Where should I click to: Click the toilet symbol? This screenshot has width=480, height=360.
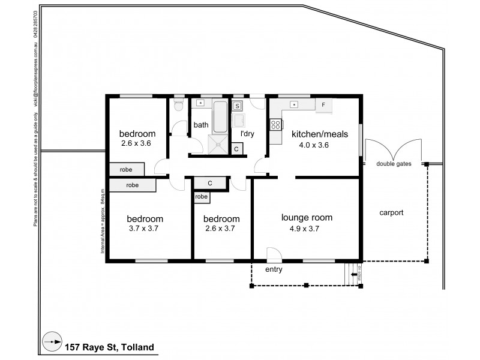click(x=178, y=107)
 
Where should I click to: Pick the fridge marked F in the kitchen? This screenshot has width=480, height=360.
click(x=323, y=105)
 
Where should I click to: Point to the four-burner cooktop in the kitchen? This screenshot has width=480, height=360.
click(x=277, y=125)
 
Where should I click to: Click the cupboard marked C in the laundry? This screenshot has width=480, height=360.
click(x=236, y=148)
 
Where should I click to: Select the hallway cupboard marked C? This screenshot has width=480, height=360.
click(x=210, y=183)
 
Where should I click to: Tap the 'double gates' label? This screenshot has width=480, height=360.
click(x=394, y=164)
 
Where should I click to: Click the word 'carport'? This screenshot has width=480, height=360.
click(x=391, y=212)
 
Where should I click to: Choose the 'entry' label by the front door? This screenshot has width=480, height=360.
click(x=274, y=269)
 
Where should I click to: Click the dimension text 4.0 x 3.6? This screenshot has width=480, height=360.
click(x=315, y=145)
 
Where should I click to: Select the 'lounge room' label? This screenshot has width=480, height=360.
click(x=307, y=218)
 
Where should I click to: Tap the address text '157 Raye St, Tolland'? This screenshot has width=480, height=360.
click(x=109, y=347)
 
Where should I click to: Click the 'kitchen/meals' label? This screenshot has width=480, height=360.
click(x=319, y=134)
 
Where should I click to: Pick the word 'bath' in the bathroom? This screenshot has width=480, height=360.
click(x=200, y=125)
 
